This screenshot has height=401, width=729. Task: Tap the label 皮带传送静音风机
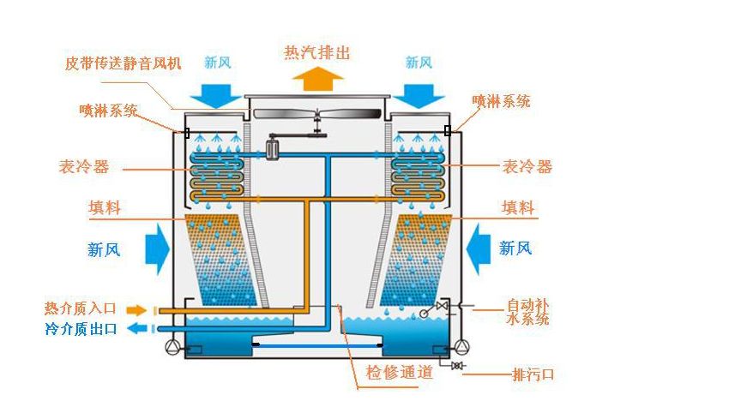123,63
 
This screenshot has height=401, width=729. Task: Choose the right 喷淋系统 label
502,101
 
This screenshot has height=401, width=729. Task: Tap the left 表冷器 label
84,167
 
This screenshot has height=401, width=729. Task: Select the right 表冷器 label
527,166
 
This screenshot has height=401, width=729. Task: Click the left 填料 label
105,207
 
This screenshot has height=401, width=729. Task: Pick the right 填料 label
518,207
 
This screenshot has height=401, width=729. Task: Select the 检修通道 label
398,373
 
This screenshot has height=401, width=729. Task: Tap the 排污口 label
533,374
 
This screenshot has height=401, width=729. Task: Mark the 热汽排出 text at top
317,53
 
